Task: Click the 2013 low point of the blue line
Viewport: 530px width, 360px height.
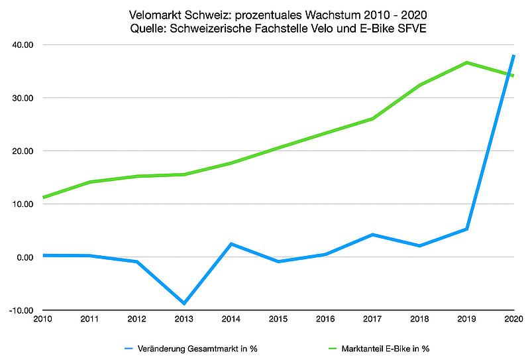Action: pyautogui.click(x=184, y=304)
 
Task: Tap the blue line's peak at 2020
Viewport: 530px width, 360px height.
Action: pyautogui.click(x=514, y=56)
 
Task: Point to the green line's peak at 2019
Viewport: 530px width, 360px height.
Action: pyautogui.click(x=467, y=62)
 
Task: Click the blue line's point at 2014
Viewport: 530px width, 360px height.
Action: pyautogui.click(x=231, y=244)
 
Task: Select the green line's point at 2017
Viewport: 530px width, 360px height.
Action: pyautogui.click(x=373, y=119)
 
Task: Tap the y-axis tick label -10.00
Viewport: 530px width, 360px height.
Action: pyautogui.click(x=23, y=310)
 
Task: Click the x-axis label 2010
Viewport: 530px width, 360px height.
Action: pyautogui.click(x=42, y=320)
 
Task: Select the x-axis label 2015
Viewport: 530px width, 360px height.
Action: pyautogui.click(x=278, y=320)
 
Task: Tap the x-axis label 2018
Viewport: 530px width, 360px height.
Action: pyautogui.click(x=420, y=320)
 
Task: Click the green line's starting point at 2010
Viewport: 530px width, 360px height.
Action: pyautogui.click(x=44, y=198)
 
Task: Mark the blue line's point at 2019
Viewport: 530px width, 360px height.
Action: pyautogui.click(x=467, y=229)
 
